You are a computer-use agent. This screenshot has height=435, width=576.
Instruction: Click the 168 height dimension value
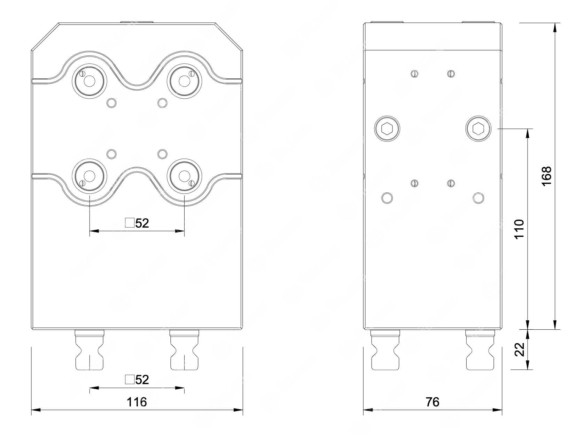pos(547,176)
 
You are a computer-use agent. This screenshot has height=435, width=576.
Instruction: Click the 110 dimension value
pos(519,229)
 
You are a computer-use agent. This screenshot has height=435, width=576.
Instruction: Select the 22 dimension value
pos(519,349)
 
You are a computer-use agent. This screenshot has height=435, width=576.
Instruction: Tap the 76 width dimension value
pos(432,402)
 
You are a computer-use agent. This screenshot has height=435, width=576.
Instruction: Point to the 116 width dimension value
pos(137,402)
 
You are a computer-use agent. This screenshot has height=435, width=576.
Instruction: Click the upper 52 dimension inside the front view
pos(142,223)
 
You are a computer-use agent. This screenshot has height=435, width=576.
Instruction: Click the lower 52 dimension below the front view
pos(142,380)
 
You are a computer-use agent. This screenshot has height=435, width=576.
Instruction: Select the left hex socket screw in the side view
pos(387,129)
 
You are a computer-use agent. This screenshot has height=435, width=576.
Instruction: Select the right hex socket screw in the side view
pos(478,129)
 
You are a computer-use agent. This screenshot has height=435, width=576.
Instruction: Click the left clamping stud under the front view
pos(89,350)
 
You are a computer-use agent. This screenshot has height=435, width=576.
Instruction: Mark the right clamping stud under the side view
pos(480,350)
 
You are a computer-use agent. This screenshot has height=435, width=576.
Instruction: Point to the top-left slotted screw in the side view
pos(414,74)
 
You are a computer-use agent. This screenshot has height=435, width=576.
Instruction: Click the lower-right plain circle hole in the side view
pos(478,198)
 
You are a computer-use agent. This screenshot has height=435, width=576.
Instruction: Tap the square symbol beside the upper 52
pos(130,223)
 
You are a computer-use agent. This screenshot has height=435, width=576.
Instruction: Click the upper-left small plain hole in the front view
pos(111,103)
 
